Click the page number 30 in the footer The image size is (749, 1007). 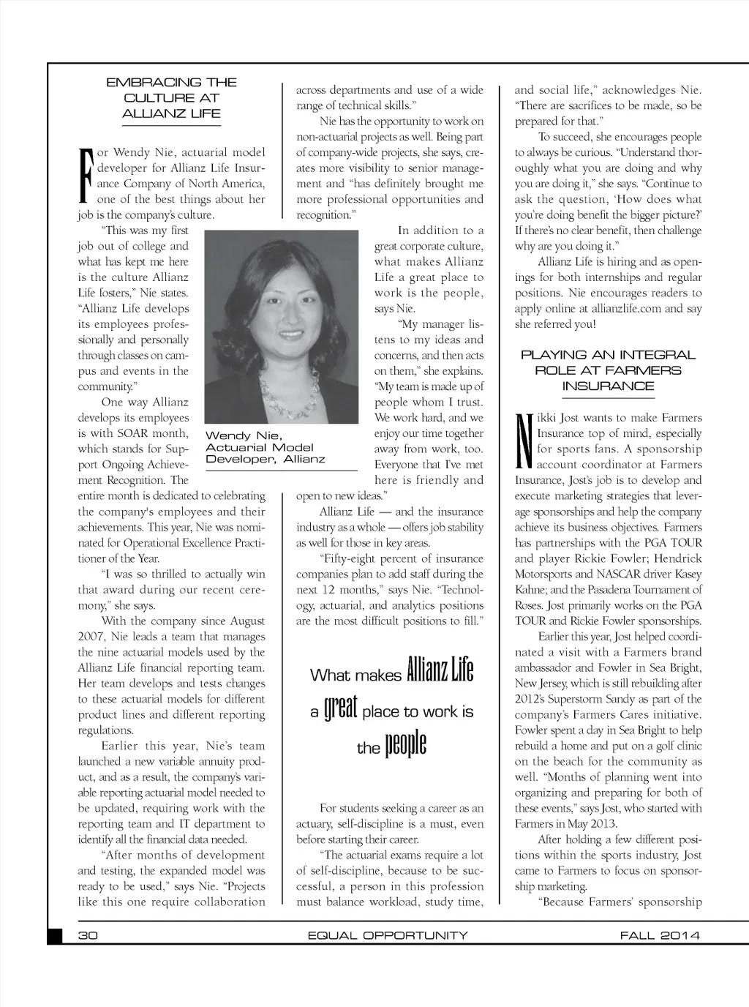(x=88, y=935)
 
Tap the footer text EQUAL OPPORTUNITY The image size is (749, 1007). (x=388, y=935)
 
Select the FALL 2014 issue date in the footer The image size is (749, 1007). (x=660, y=935)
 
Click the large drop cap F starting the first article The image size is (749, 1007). (x=86, y=176)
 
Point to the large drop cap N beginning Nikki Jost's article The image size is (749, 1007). (x=523, y=441)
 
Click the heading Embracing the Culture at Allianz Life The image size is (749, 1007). (x=171, y=98)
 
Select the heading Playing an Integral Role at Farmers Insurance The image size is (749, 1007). (x=608, y=370)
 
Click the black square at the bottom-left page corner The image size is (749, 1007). (x=55, y=936)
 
